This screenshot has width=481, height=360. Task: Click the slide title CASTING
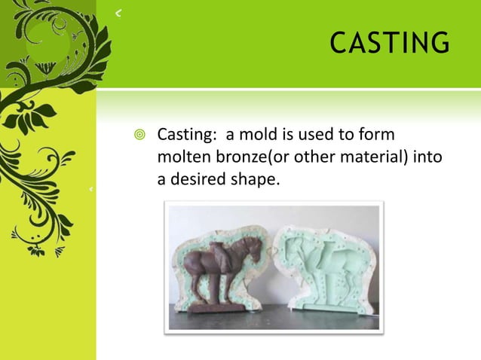(389, 43)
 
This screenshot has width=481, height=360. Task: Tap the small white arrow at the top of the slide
(118, 13)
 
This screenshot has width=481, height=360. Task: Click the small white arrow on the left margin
(90, 189)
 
